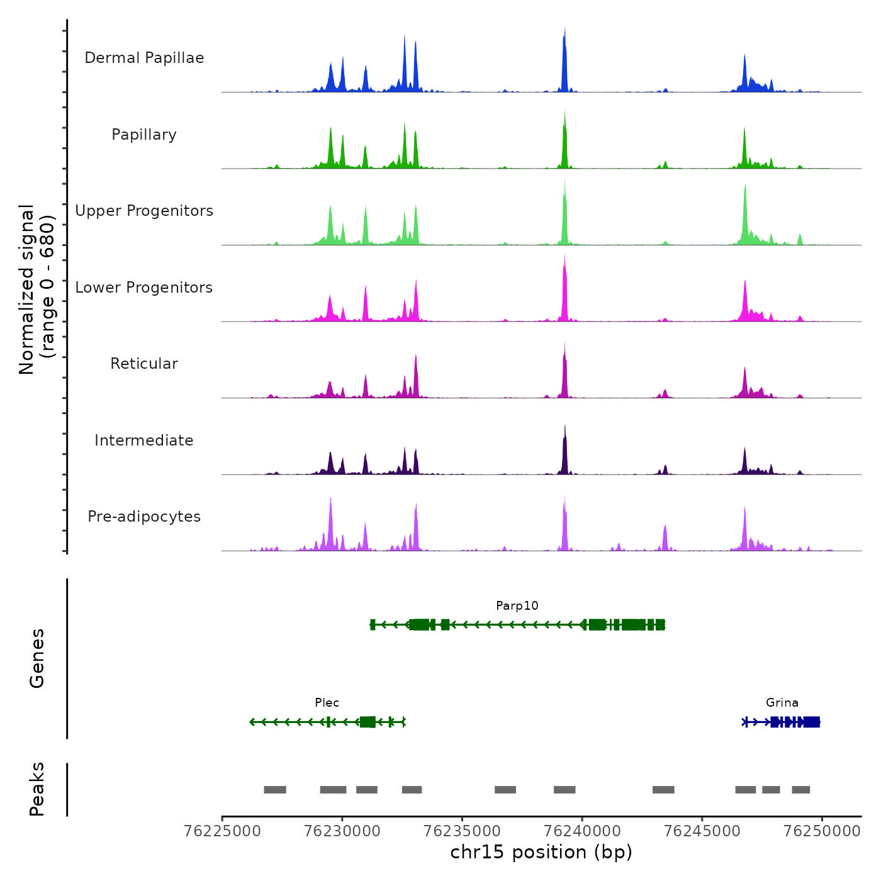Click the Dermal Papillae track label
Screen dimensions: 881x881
[x=144, y=58]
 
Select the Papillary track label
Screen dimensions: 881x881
[x=144, y=135]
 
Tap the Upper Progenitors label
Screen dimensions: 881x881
[x=144, y=211]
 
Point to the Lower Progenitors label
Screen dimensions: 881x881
[x=144, y=288]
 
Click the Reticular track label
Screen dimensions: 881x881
[x=144, y=364]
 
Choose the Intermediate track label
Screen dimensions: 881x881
[x=144, y=441]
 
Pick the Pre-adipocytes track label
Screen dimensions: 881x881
[x=144, y=517]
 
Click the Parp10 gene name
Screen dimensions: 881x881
[x=517, y=605]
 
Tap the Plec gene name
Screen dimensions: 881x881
[x=327, y=702]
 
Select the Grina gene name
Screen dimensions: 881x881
[x=782, y=702]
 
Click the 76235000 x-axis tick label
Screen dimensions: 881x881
[x=463, y=831]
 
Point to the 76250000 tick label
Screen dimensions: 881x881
[x=822, y=831]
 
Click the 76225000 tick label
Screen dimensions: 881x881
[x=222, y=831]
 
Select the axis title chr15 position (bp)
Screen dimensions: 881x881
[x=541, y=852]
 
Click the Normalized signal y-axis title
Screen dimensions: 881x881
[x=36, y=289]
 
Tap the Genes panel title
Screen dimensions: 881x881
[x=36, y=658]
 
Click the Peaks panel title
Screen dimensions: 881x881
[x=36, y=789]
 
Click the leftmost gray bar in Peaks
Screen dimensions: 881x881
[x=275, y=790]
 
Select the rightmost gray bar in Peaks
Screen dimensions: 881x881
[x=800, y=790]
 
